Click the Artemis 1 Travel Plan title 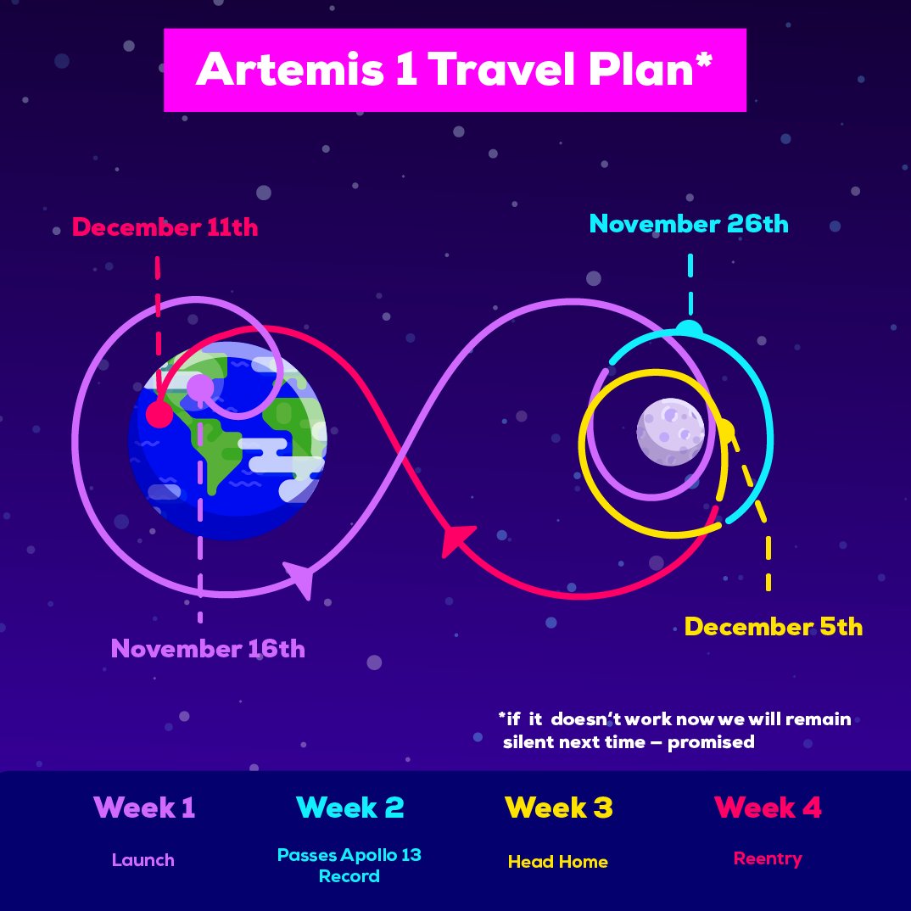pos(454,70)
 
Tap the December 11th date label pos(165,227)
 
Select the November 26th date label pos(689,224)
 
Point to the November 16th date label pos(208,649)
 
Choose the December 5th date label pos(774,627)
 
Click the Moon pos(670,432)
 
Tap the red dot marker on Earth pos(159,414)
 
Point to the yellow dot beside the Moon pos(726,431)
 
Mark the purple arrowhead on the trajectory pos(299,578)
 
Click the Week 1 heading pos(144,808)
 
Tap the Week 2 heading pos(349,808)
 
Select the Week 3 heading pos(558,808)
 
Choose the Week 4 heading pos(768,808)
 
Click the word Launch pos(143,860)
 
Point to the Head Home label pos(558,862)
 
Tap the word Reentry pos(768,858)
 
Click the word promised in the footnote pos(711,742)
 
